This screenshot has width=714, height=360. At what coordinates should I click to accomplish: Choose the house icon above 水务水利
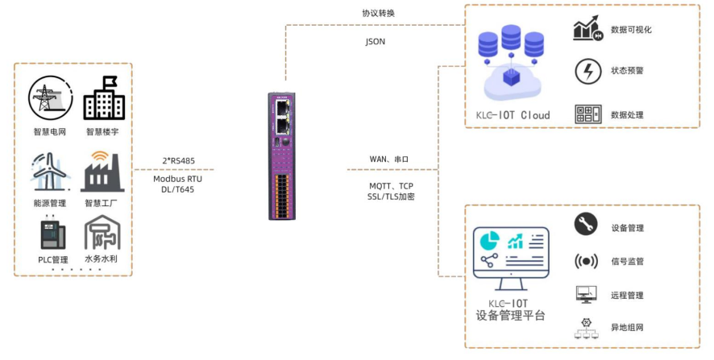tap(102, 233)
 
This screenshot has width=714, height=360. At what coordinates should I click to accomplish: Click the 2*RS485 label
tap(177, 159)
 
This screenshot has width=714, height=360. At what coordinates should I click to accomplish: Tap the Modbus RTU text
tap(177, 179)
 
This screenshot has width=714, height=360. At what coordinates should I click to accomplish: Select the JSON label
tap(376, 41)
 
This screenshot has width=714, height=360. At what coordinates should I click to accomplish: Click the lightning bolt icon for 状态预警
tap(587, 71)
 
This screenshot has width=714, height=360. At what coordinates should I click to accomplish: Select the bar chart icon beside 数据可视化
tap(588, 29)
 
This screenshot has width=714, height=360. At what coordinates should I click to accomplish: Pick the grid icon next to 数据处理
tap(587, 114)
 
